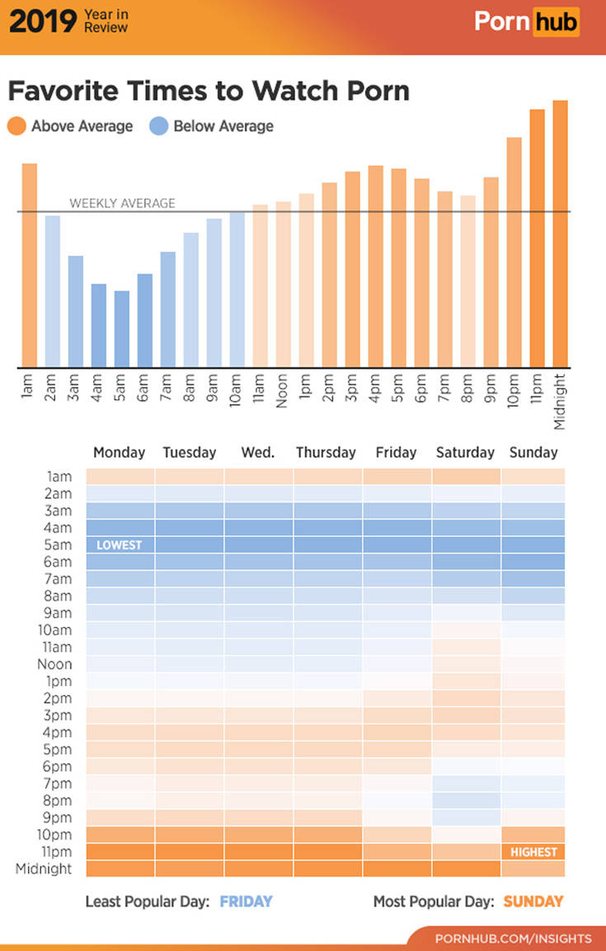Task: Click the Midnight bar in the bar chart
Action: [560, 233]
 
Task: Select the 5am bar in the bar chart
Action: [122, 329]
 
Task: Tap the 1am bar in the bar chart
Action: [30, 265]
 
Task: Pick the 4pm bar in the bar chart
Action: [376, 266]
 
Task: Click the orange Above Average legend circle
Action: [17, 126]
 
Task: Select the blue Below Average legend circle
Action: [159, 126]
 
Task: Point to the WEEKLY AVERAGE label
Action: [122, 203]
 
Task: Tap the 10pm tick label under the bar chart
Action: [514, 395]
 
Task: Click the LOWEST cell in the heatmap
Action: [120, 545]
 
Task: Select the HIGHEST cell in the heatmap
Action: [533, 852]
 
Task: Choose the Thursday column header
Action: [326, 452]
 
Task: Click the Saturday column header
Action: [465, 452]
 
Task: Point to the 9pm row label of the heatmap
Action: [55, 817]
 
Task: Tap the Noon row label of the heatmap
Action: [54, 664]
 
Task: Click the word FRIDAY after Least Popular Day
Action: [246, 902]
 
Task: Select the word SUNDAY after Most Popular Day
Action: [533, 902]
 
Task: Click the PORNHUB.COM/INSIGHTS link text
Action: [513, 939]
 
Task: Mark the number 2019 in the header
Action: [41, 21]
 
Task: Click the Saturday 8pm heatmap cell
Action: [466, 800]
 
